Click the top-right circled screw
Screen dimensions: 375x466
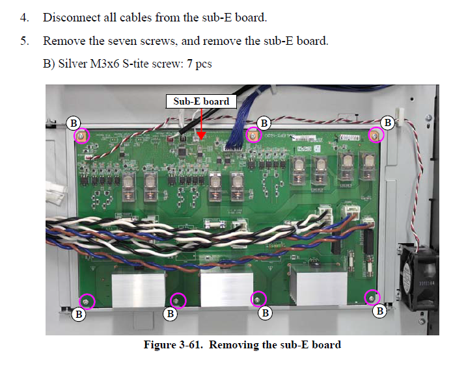(x=376, y=135)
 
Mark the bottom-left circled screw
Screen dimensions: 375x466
(x=86, y=301)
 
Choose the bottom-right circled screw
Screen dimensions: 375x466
(x=372, y=298)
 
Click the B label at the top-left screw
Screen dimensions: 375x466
(x=75, y=122)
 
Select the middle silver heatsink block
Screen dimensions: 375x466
(x=225, y=286)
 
